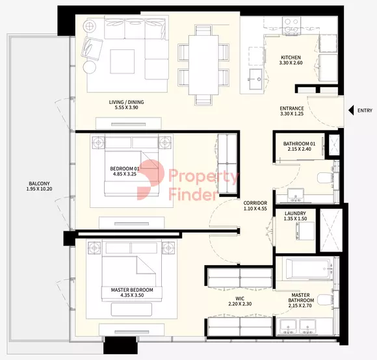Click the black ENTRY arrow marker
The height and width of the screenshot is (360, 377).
coord(351,110)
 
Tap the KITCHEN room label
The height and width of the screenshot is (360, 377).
coord(291,57)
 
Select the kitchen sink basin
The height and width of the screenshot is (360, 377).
coord(256,79)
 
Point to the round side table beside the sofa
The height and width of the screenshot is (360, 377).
coord(90,67)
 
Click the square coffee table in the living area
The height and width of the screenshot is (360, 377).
coord(122,62)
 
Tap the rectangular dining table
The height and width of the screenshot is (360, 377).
coord(203,65)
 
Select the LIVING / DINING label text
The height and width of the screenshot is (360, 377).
coord(127,102)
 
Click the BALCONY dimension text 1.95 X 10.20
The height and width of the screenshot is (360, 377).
coord(39,189)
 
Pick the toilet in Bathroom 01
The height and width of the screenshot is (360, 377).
coord(325,178)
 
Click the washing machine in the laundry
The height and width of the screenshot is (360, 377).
coord(305,231)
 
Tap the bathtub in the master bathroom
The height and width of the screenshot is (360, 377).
coord(307,269)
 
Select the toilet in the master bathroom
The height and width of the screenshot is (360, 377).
coord(325,300)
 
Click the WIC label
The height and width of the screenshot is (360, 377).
coord(240,299)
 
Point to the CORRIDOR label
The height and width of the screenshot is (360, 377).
coord(255,203)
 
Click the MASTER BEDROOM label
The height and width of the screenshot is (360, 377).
coord(132,290)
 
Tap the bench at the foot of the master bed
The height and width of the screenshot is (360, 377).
coord(131,309)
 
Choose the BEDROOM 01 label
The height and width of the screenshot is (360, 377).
coord(125,169)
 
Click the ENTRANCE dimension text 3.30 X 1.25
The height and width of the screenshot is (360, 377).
coord(292,114)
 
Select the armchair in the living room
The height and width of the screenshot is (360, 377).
coord(92,49)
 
